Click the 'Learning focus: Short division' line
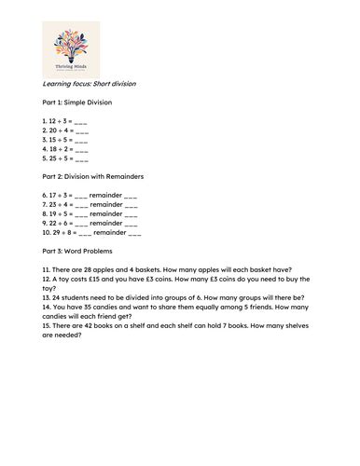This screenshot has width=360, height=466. (x=90, y=84)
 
